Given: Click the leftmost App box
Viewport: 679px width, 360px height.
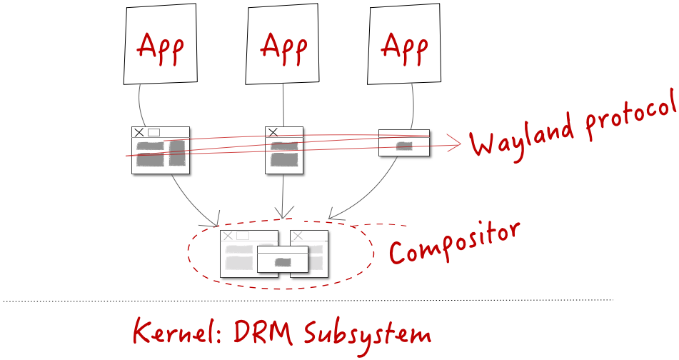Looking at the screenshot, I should pyautogui.click(x=160, y=45).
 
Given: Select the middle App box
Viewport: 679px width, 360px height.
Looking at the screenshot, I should pyautogui.click(x=283, y=45).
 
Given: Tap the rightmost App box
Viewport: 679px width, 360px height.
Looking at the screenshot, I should pyautogui.click(x=405, y=44).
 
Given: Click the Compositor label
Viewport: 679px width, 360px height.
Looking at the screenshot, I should pyautogui.click(x=453, y=243).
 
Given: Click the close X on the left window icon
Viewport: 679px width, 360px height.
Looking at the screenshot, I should pyautogui.click(x=139, y=132).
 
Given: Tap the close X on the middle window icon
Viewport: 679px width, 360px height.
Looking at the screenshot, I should pyautogui.click(x=272, y=132).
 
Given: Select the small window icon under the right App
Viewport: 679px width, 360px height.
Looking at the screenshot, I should pyautogui.click(x=404, y=142).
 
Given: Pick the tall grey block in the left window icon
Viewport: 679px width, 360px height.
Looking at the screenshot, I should pyautogui.click(x=177, y=154).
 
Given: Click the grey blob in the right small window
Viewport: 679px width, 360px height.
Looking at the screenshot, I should pyautogui.click(x=404, y=146).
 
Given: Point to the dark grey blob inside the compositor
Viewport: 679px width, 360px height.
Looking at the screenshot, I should pyautogui.click(x=283, y=262).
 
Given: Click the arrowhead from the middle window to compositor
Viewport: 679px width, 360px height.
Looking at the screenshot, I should pyautogui.click(x=284, y=214).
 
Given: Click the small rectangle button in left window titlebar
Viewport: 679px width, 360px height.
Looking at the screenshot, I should pyautogui.click(x=154, y=132).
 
